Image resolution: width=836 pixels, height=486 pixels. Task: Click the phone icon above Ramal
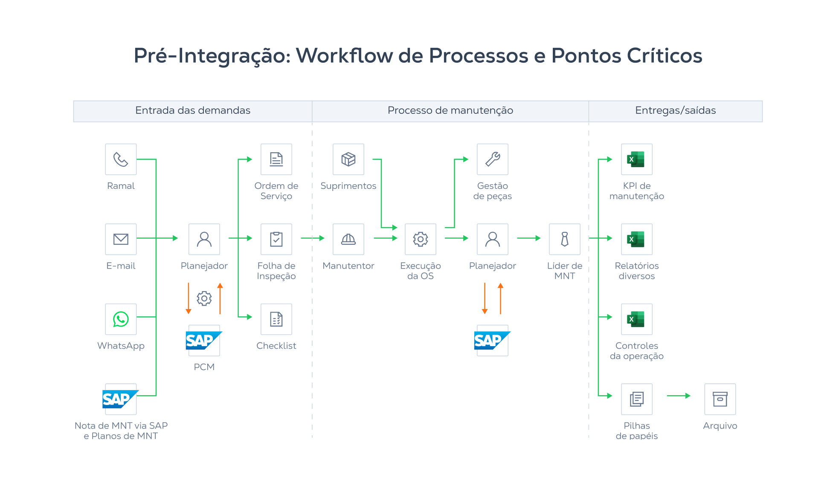[x=121, y=159]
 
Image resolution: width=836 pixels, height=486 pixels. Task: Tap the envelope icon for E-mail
[x=121, y=239]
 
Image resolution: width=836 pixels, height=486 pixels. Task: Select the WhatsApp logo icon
[x=121, y=319]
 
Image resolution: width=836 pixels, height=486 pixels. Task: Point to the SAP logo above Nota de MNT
[x=120, y=399]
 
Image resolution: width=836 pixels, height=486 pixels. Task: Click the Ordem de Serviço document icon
[x=276, y=159]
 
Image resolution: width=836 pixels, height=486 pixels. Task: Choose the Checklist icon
[x=276, y=319]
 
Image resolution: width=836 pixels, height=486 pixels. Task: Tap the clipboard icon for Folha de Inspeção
[x=276, y=239]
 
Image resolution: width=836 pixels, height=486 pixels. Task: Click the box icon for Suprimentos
[x=348, y=159]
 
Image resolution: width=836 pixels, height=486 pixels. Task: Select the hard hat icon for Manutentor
[x=348, y=239]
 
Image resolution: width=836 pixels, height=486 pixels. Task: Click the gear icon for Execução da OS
[x=421, y=239]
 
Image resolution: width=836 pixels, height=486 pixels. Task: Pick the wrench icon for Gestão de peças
[x=493, y=159]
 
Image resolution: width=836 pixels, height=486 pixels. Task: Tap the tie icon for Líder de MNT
[x=565, y=239]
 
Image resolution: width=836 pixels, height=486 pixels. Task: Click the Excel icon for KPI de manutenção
[x=636, y=159]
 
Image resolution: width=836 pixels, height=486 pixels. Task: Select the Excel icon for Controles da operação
[x=636, y=319]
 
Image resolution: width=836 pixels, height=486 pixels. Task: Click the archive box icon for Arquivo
[x=720, y=399]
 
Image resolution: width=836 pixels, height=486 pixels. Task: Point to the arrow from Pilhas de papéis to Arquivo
[x=678, y=396]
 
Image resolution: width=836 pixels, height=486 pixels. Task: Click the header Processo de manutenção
[x=450, y=110]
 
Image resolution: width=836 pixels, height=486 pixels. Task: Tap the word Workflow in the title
[x=344, y=55]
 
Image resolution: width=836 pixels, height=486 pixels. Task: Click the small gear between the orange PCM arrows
[x=204, y=298]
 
